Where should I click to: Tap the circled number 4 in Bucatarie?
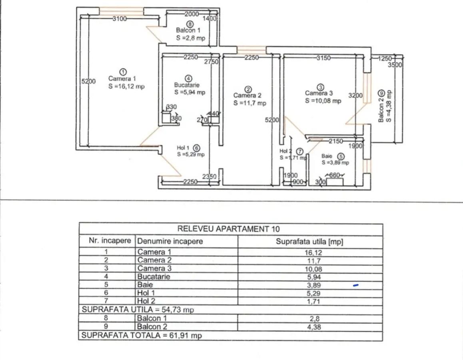(x=189, y=78)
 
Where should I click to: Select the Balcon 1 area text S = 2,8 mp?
(x=190, y=38)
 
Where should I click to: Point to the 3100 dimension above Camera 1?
(x=120, y=18)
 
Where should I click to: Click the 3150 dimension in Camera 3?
(x=323, y=58)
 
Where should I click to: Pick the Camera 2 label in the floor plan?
(x=247, y=95)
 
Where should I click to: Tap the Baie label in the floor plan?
(x=327, y=156)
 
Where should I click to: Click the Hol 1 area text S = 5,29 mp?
(x=191, y=154)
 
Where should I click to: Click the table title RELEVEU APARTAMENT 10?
(x=228, y=229)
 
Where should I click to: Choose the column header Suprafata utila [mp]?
(x=309, y=241)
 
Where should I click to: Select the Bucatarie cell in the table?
(x=154, y=277)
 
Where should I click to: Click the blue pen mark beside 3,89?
(x=355, y=286)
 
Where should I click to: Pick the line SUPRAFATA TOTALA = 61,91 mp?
(x=142, y=336)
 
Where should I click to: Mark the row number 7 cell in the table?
(x=106, y=301)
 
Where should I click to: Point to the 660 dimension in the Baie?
(x=334, y=175)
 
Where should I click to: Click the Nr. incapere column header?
(x=110, y=241)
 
